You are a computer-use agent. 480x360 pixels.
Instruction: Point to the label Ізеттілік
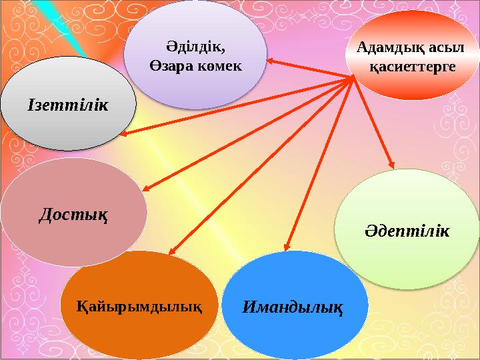coord(69,104)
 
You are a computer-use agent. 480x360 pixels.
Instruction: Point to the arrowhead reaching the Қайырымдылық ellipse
coord(171,252)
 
